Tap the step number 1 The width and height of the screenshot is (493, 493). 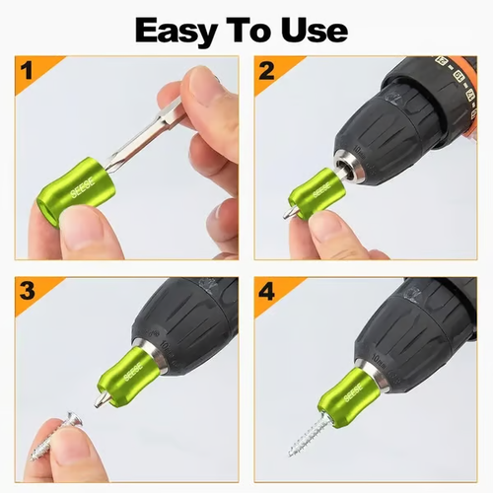28,72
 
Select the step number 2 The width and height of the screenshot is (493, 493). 266,72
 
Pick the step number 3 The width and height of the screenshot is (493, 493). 28,292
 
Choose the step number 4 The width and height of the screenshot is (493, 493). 266,292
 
